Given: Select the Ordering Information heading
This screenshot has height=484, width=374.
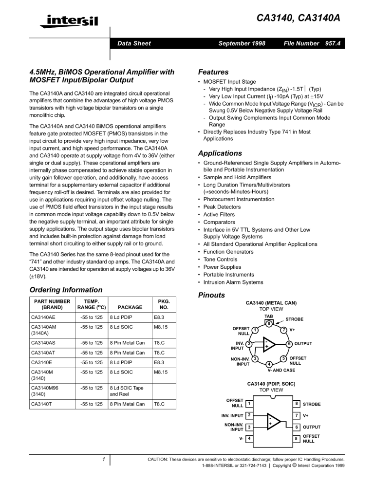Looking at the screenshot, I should [x=60, y=290].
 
